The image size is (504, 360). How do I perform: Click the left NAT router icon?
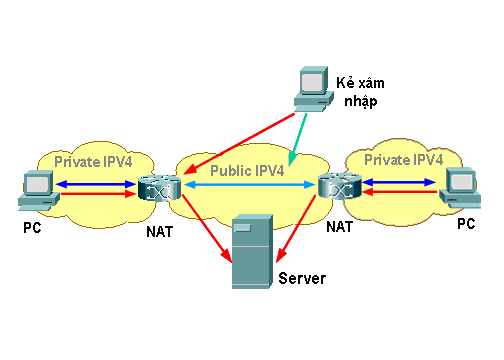pyautogui.click(x=157, y=189)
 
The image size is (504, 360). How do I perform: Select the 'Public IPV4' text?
pyautogui.click(x=247, y=171)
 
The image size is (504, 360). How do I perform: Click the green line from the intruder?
pyautogui.click(x=298, y=136)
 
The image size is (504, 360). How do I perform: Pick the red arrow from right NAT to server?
pyautogui.click(x=299, y=230)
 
